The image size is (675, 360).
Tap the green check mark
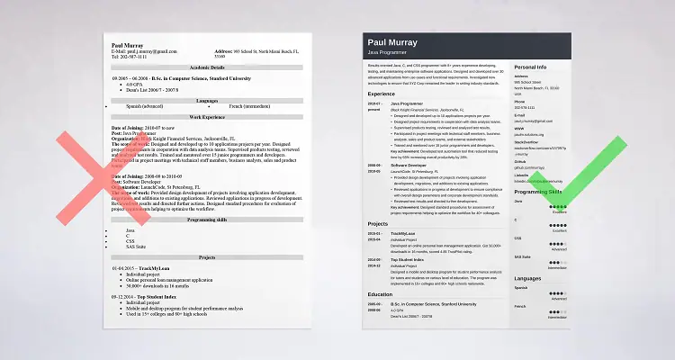pos(577,193)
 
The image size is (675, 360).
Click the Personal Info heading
pos(531,67)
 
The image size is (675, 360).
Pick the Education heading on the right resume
pos(379,293)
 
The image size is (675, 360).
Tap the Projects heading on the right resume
pos(377,222)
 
